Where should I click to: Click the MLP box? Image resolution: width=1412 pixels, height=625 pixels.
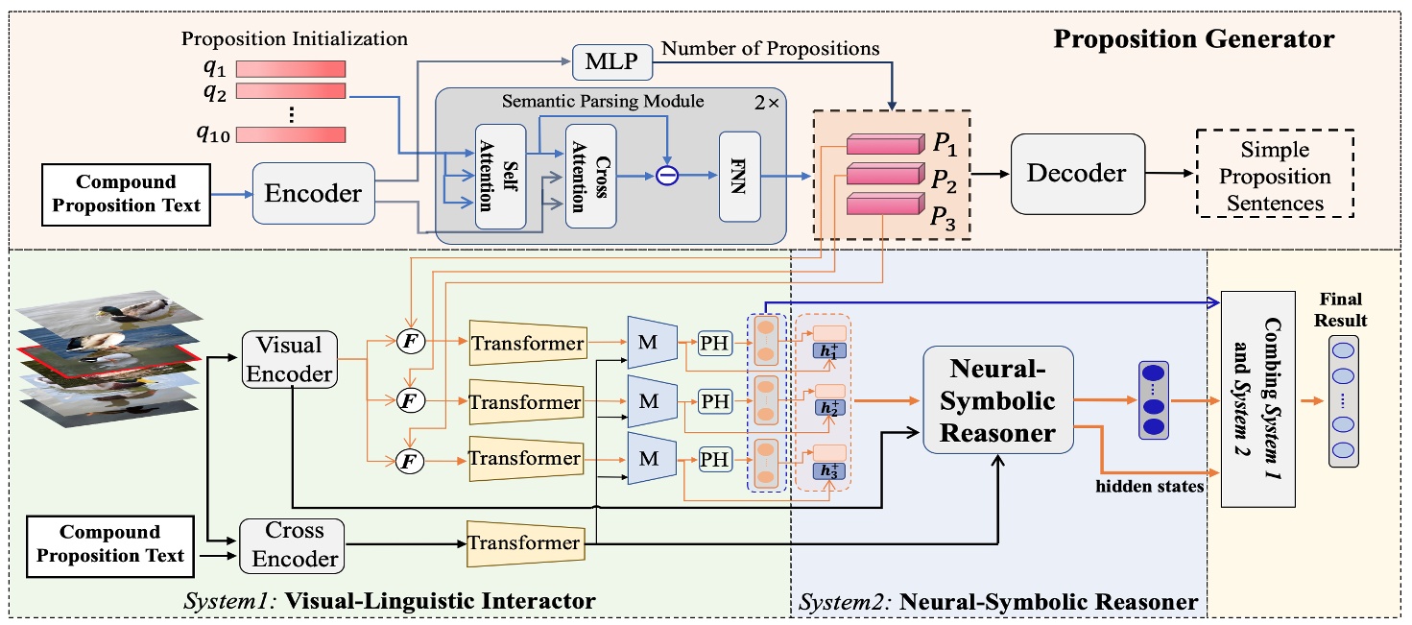pyautogui.click(x=611, y=65)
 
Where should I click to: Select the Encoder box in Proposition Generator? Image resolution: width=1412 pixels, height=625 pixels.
pyautogui.click(x=314, y=194)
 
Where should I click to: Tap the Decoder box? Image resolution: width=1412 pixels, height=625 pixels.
pyautogui.click(x=1077, y=173)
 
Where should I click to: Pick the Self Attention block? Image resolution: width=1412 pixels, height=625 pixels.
pyautogui.click(x=500, y=176)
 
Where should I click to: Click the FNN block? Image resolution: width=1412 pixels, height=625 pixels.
pyautogui.click(x=738, y=176)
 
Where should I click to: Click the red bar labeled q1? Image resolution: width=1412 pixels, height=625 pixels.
pyautogui.click(x=291, y=68)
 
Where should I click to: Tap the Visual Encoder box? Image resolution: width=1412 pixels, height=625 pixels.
pyautogui.click(x=289, y=359)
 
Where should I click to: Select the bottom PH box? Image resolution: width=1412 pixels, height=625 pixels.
pyautogui.click(x=714, y=460)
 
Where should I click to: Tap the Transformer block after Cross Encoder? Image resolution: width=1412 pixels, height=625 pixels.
pyautogui.click(x=525, y=543)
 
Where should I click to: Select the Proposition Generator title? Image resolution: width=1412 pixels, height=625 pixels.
pyautogui.click(x=1194, y=39)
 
